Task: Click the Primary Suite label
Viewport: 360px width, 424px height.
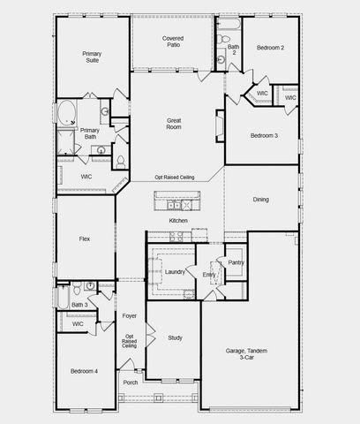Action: pyautogui.click(x=92, y=57)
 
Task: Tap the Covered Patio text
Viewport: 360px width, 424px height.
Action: pyautogui.click(x=172, y=43)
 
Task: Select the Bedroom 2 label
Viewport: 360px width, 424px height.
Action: pyautogui.click(x=270, y=47)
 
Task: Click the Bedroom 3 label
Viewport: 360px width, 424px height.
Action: pyautogui.click(x=264, y=135)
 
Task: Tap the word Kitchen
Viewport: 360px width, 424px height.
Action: pyautogui.click(x=178, y=220)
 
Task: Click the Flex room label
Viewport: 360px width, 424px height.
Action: pyautogui.click(x=85, y=238)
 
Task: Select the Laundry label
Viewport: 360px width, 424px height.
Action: pyautogui.click(x=174, y=272)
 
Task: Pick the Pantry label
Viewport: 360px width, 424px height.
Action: pyautogui.click(x=236, y=262)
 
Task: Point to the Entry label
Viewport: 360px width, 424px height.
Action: pyautogui.click(x=208, y=275)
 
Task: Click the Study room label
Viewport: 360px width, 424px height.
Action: pyautogui.click(x=175, y=337)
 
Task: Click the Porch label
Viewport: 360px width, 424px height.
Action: pyautogui.click(x=131, y=382)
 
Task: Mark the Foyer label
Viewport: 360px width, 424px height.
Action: pyautogui.click(x=130, y=315)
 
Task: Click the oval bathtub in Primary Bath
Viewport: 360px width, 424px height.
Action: pyautogui.click(x=68, y=112)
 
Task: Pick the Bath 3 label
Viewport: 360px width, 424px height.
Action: pyautogui.click(x=79, y=305)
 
